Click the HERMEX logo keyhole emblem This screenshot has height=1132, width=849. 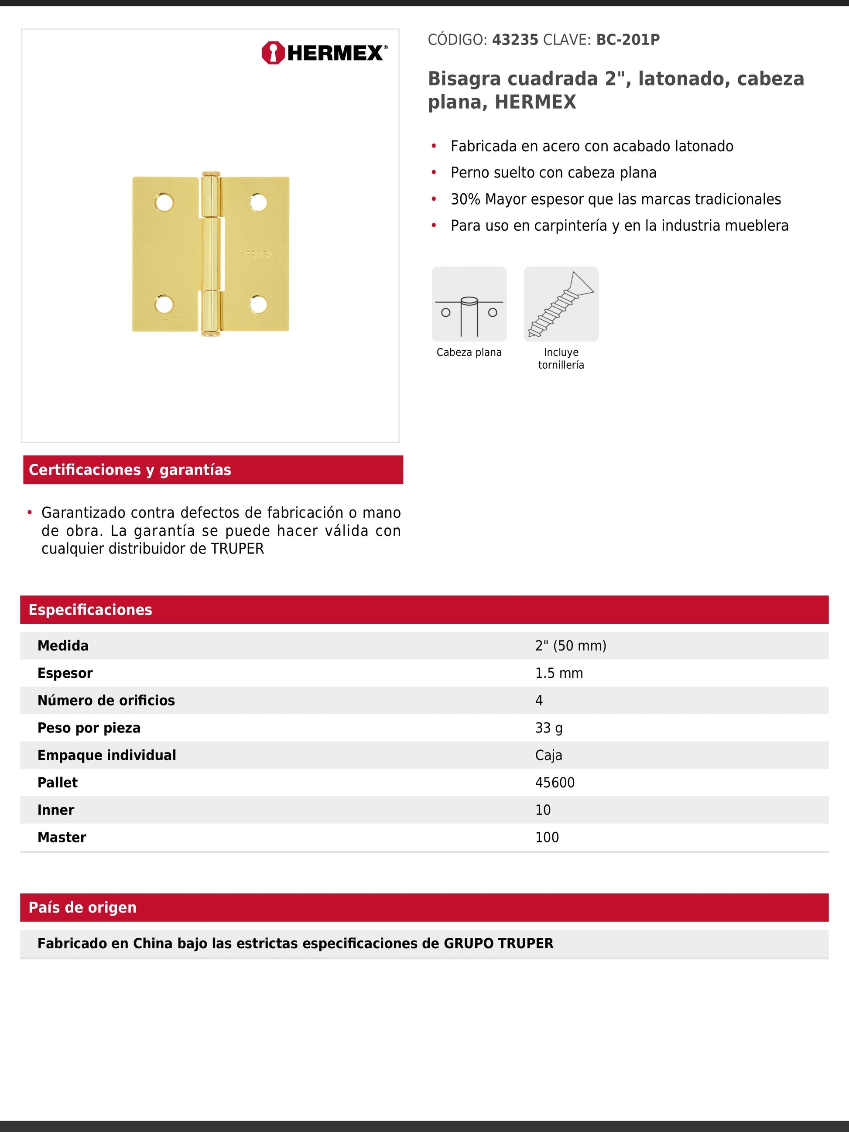273,53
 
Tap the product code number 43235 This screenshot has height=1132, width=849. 515,40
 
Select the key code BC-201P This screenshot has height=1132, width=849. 627,40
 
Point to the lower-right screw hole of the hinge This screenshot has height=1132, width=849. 258,305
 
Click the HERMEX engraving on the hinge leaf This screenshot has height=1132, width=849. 256,254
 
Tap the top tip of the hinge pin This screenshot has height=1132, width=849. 210,174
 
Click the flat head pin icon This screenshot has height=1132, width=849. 469,304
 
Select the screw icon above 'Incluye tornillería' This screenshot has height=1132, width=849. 561,304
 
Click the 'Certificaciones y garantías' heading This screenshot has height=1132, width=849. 130,470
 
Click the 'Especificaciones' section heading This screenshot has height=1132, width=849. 90,609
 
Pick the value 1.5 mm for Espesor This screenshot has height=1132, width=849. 559,673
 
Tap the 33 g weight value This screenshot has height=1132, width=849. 548,728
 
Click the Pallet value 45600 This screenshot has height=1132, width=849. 555,783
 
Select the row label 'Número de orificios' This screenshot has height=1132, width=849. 106,701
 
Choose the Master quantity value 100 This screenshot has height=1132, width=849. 547,837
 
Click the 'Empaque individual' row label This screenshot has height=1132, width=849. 106,756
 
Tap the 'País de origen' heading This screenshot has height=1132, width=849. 82,907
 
